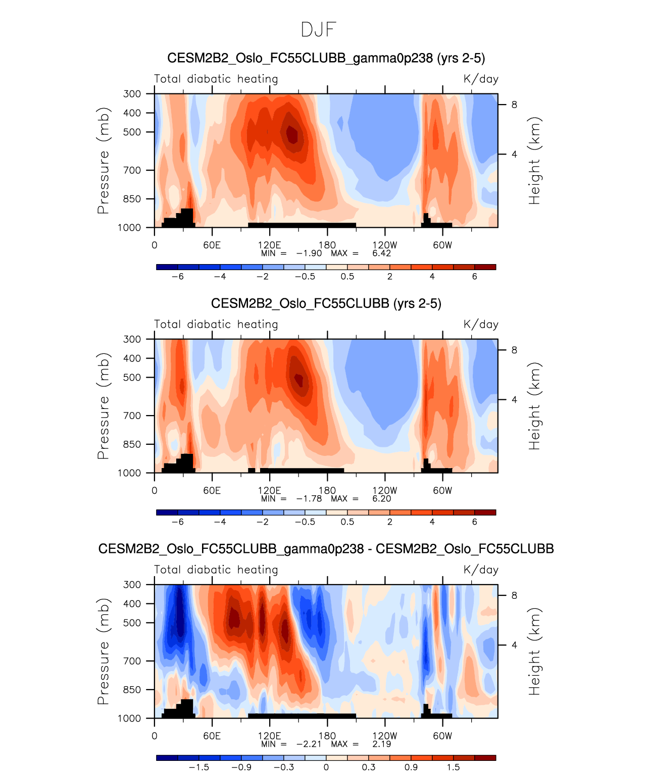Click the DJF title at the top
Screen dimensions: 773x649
click(x=318, y=30)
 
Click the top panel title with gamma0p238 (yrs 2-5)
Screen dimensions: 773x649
click(x=326, y=58)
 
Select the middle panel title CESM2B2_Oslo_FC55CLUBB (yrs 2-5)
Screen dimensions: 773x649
click(x=326, y=303)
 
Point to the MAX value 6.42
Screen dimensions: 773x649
click(x=381, y=253)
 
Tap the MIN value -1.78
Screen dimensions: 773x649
click(x=309, y=499)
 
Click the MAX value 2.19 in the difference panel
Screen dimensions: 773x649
click(x=381, y=744)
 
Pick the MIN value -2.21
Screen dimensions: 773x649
click(x=309, y=744)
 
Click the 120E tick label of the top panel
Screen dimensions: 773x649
click(x=269, y=245)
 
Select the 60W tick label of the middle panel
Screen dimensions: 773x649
click(x=442, y=491)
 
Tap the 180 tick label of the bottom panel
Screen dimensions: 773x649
click(x=327, y=736)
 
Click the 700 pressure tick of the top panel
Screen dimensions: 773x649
click(x=132, y=170)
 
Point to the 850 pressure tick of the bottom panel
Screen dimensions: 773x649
click(x=132, y=690)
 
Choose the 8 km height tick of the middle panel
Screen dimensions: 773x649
click(x=514, y=350)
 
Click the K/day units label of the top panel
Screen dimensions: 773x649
click(x=481, y=79)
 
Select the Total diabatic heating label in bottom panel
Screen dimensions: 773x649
click(x=216, y=570)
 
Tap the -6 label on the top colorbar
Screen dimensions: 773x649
click(x=177, y=277)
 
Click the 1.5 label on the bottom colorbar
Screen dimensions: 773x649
click(x=453, y=767)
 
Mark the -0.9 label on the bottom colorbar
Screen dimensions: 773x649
click(x=241, y=767)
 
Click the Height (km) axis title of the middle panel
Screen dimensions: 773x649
click(x=534, y=406)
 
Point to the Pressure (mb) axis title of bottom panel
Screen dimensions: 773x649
click(x=103, y=651)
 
